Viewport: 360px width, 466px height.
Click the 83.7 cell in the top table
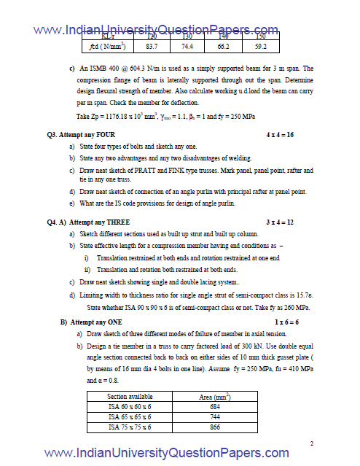point(152,47)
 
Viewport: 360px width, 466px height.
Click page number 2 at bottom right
point(311,443)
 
